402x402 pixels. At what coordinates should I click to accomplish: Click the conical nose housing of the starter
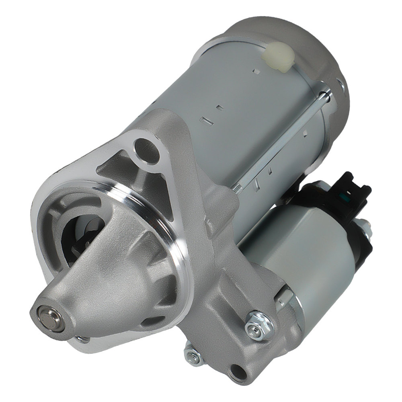coord(92,273)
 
